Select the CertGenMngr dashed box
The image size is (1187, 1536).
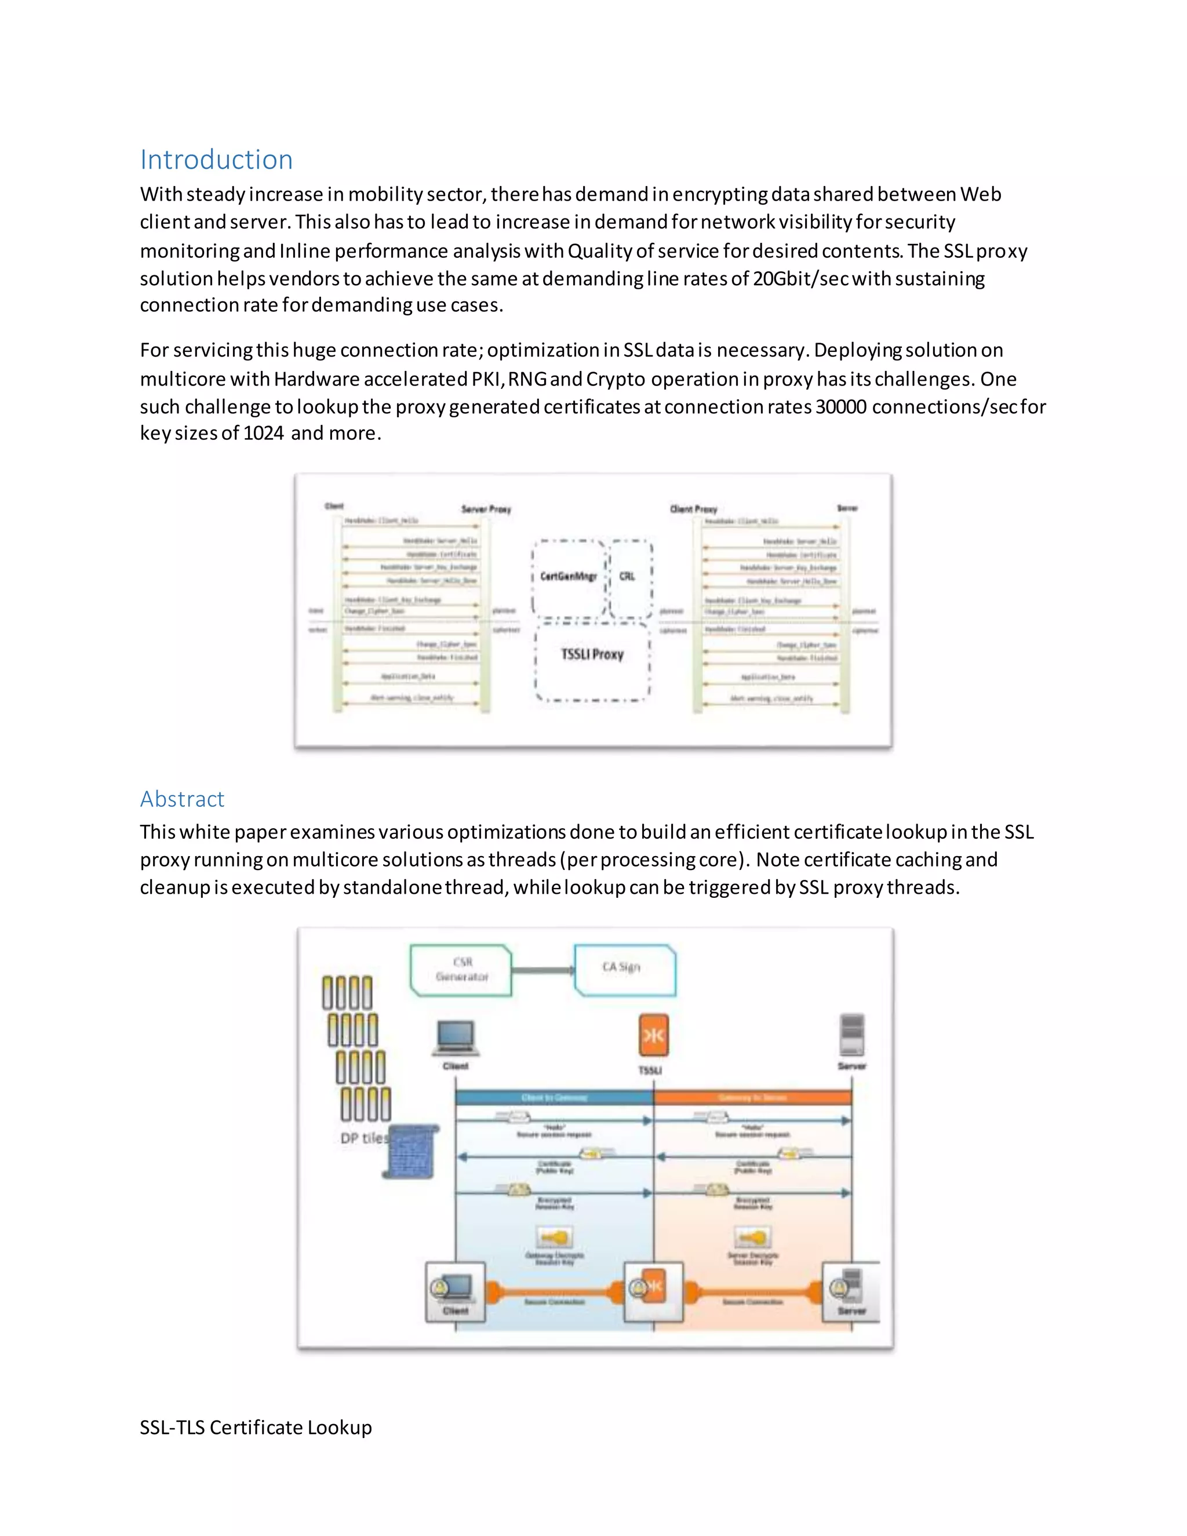click(x=568, y=576)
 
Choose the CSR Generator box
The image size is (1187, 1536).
click(x=461, y=970)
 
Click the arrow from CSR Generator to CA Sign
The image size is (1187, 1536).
click(x=543, y=970)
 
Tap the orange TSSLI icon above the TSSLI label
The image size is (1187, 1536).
click(x=653, y=1035)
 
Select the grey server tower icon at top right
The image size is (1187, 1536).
click(x=851, y=1034)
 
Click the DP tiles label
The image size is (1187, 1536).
click(x=363, y=1138)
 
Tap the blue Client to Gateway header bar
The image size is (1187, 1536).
click(x=554, y=1098)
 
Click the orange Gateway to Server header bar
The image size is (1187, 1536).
click(x=752, y=1098)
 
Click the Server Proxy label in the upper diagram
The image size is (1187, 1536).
click(x=486, y=509)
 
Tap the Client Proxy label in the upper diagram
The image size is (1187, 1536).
click(x=693, y=508)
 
